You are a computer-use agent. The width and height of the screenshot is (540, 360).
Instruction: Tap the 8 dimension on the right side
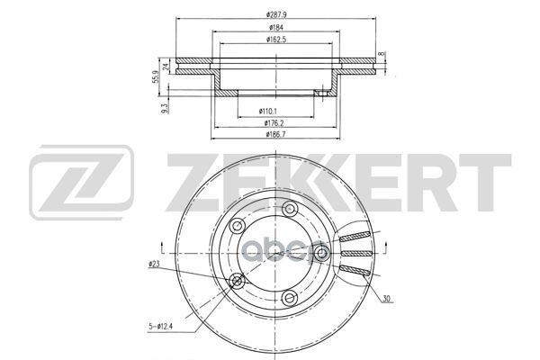(x=382, y=56)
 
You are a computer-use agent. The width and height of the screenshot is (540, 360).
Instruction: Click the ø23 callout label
(x=154, y=263)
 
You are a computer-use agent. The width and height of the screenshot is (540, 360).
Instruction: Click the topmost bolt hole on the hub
(x=289, y=210)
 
